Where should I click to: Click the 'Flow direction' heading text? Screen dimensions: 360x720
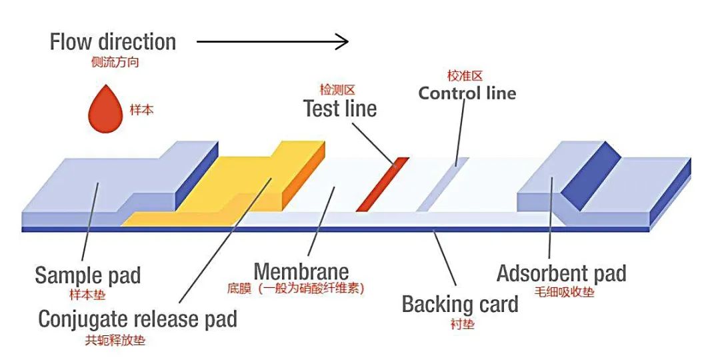pos(113,42)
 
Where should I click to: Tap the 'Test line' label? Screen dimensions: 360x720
pos(340,108)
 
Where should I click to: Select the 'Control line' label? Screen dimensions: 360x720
pos(467,93)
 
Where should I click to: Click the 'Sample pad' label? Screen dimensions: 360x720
pos(87,275)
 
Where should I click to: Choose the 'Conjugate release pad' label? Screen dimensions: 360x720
pos(137,319)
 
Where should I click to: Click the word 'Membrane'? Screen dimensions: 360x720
pos(301,271)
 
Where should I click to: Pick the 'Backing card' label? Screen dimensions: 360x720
pos(459,305)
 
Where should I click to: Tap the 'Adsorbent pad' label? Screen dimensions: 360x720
pos(561,273)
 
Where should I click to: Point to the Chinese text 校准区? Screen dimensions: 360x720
pos(464,76)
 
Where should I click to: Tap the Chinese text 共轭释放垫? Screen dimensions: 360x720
pos(115,340)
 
